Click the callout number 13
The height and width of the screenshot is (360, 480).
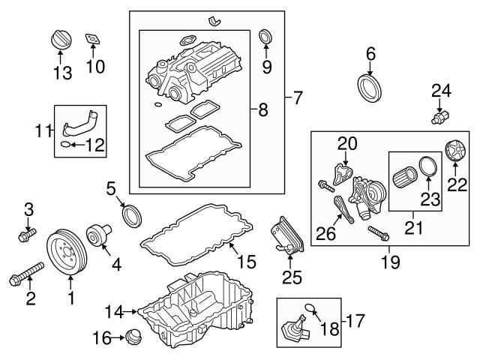point(63,72)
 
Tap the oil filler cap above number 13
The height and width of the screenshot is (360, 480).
point(59,39)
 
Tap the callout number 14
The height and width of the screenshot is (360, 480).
point(114,310)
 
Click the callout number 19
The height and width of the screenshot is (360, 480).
point(390,262)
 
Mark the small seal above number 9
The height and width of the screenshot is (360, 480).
point(265,35)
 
